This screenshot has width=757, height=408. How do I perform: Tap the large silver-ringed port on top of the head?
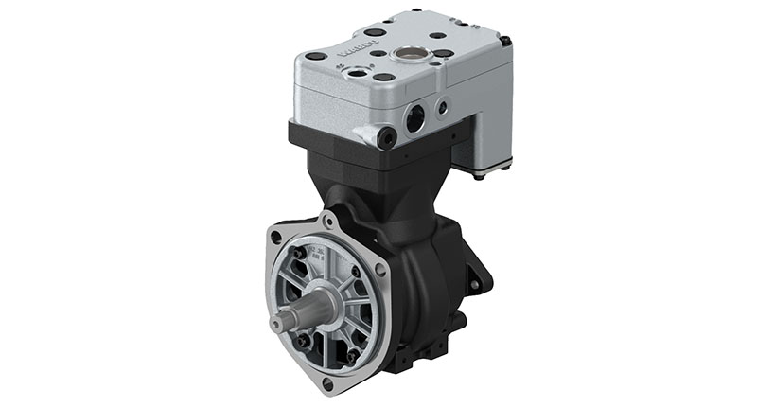(414, 54)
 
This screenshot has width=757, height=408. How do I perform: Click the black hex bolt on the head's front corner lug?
(384, 138)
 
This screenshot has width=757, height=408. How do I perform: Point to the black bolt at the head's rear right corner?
(505, 41)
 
